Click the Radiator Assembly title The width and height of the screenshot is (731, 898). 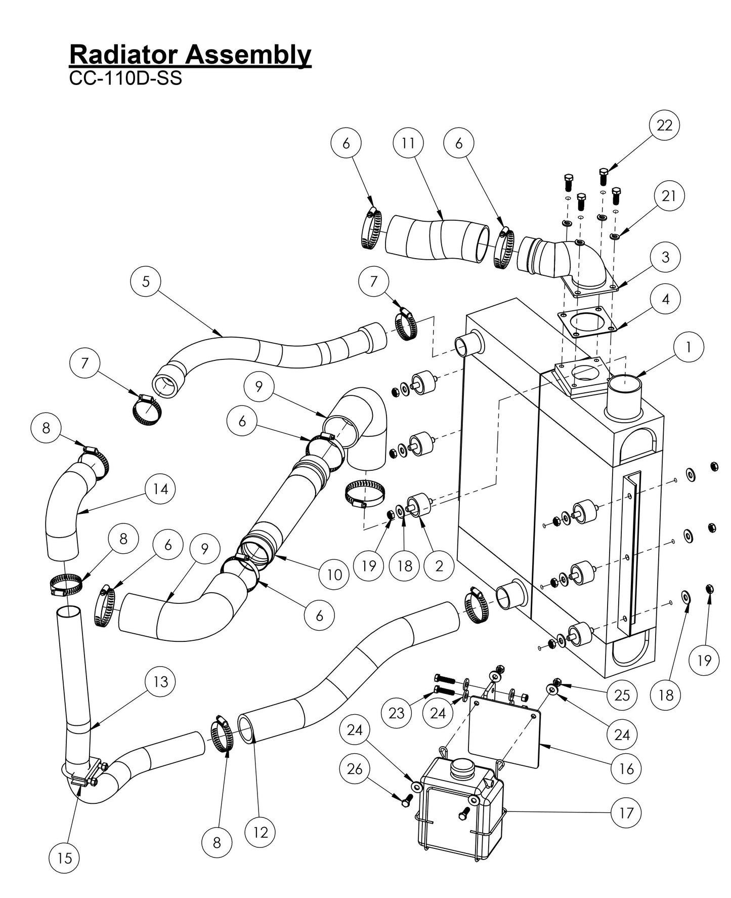click(x=190, y=54)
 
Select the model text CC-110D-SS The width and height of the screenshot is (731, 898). click(x=125, y=78)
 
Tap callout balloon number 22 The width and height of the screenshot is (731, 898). click(x=664, y=125)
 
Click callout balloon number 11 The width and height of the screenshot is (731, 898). click(x=408, y=143)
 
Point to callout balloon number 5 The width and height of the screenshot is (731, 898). click(x=146, y=281)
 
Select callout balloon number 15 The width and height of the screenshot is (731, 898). click(x=65, y=858)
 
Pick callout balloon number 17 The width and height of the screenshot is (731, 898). click(x=626, y=813)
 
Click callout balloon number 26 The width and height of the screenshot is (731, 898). click(x=355, y=769)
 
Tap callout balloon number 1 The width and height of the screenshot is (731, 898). click(x=689, y=347)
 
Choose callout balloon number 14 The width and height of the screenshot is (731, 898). click(x=160, y=489)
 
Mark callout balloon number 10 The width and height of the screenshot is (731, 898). click(x=334, y=575)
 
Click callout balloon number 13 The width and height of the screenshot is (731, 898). click(x=160, y=682)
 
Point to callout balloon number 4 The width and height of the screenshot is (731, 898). click(x=665, y=299)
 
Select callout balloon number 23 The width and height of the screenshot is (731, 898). click(x=396, y=713)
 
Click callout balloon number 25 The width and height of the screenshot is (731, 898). click(x=622, y=695)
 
